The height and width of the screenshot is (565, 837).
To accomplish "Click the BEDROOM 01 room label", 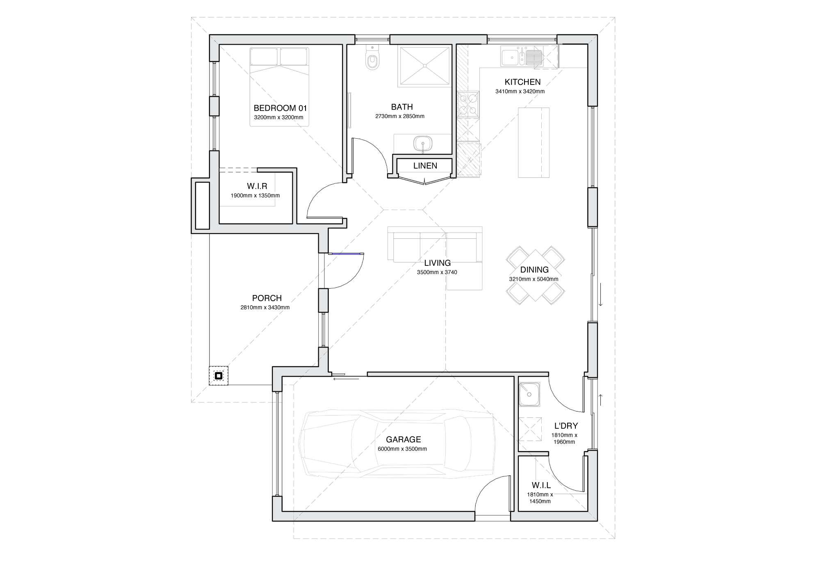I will (x=280, y=108).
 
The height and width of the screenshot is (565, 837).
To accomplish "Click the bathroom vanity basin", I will (x=423, y=144).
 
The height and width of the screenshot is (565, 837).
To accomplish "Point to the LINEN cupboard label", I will (x=425, y=166).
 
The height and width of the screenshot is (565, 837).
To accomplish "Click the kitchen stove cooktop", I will (x=468, y=105).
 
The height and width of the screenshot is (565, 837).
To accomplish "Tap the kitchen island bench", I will (x=534, y=142).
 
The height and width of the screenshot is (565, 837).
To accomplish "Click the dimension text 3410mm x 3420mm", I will (x=520, y=91).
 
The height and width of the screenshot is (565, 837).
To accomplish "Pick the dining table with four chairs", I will (x=535, y=276).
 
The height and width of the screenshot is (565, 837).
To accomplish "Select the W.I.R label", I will (x=257, y=186).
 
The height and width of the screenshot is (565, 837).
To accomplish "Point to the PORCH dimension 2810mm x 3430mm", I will (x=265, y=307).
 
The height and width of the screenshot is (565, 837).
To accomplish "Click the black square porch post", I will (x=219, y=375).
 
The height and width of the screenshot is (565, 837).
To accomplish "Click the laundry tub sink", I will (x=529, y=395).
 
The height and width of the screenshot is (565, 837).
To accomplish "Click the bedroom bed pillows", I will (x=279, y=57).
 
